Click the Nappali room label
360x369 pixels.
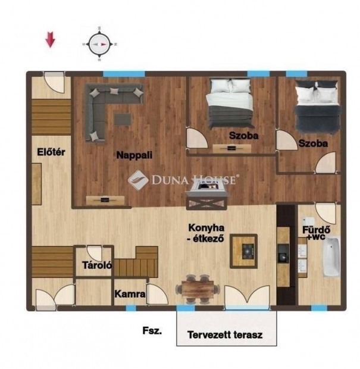pos(134,155)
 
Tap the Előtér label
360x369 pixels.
pos(51,152)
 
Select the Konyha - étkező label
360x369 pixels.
pos(206,233)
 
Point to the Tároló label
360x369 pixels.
pos(97,265)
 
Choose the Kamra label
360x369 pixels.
pos(130,294)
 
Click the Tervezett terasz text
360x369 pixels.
pos(225,334)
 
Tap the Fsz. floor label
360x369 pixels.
pos(152,330)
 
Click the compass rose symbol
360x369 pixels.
pos(99,44)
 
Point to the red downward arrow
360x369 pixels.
pos(50,39)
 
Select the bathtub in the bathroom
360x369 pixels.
pos(331,257)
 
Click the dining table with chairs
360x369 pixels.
pos(198,289)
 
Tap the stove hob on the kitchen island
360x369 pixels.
pos(248,251)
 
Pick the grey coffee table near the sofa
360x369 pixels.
pos(123,119)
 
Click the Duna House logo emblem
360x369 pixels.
pos(138,180)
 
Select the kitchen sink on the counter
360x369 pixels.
pos(283,254)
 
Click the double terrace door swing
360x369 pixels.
pos(247,298)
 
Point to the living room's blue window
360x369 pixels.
pos(124,73)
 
